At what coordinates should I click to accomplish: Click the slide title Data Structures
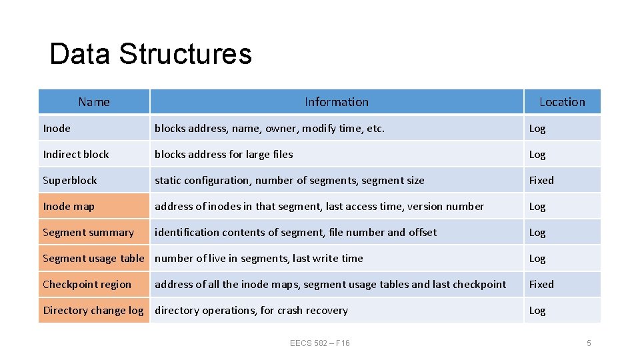151,54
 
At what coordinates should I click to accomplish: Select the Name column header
94,102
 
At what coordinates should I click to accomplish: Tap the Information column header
336,102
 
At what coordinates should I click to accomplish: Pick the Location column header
562,102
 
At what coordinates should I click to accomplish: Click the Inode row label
57,128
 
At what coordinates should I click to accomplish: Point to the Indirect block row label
76,154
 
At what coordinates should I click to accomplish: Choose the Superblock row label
70,180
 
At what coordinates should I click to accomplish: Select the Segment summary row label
88,232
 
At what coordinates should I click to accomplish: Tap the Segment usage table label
93,258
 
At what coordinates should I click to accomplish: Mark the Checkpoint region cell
87,284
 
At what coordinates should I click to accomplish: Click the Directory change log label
93,310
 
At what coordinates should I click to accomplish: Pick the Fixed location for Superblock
541,180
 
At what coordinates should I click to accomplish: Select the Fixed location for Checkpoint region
541,284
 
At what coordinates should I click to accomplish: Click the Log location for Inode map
537,206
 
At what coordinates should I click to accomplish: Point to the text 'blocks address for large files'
224,154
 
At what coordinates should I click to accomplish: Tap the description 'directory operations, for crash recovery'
251,310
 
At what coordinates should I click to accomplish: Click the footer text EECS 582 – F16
320,343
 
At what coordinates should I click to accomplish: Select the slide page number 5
589,343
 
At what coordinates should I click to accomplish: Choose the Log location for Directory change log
537,310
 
